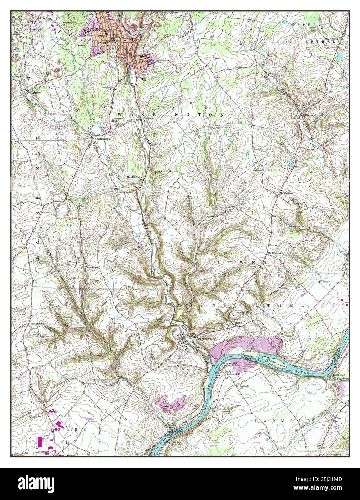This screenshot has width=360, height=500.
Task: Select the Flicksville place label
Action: coord(148,118)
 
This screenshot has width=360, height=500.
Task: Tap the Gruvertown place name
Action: coord(286,193)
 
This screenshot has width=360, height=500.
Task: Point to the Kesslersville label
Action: coord(37,324)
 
